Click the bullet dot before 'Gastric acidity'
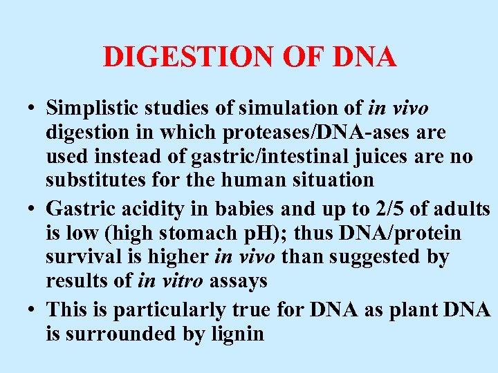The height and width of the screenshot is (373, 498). coord(33,209)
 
